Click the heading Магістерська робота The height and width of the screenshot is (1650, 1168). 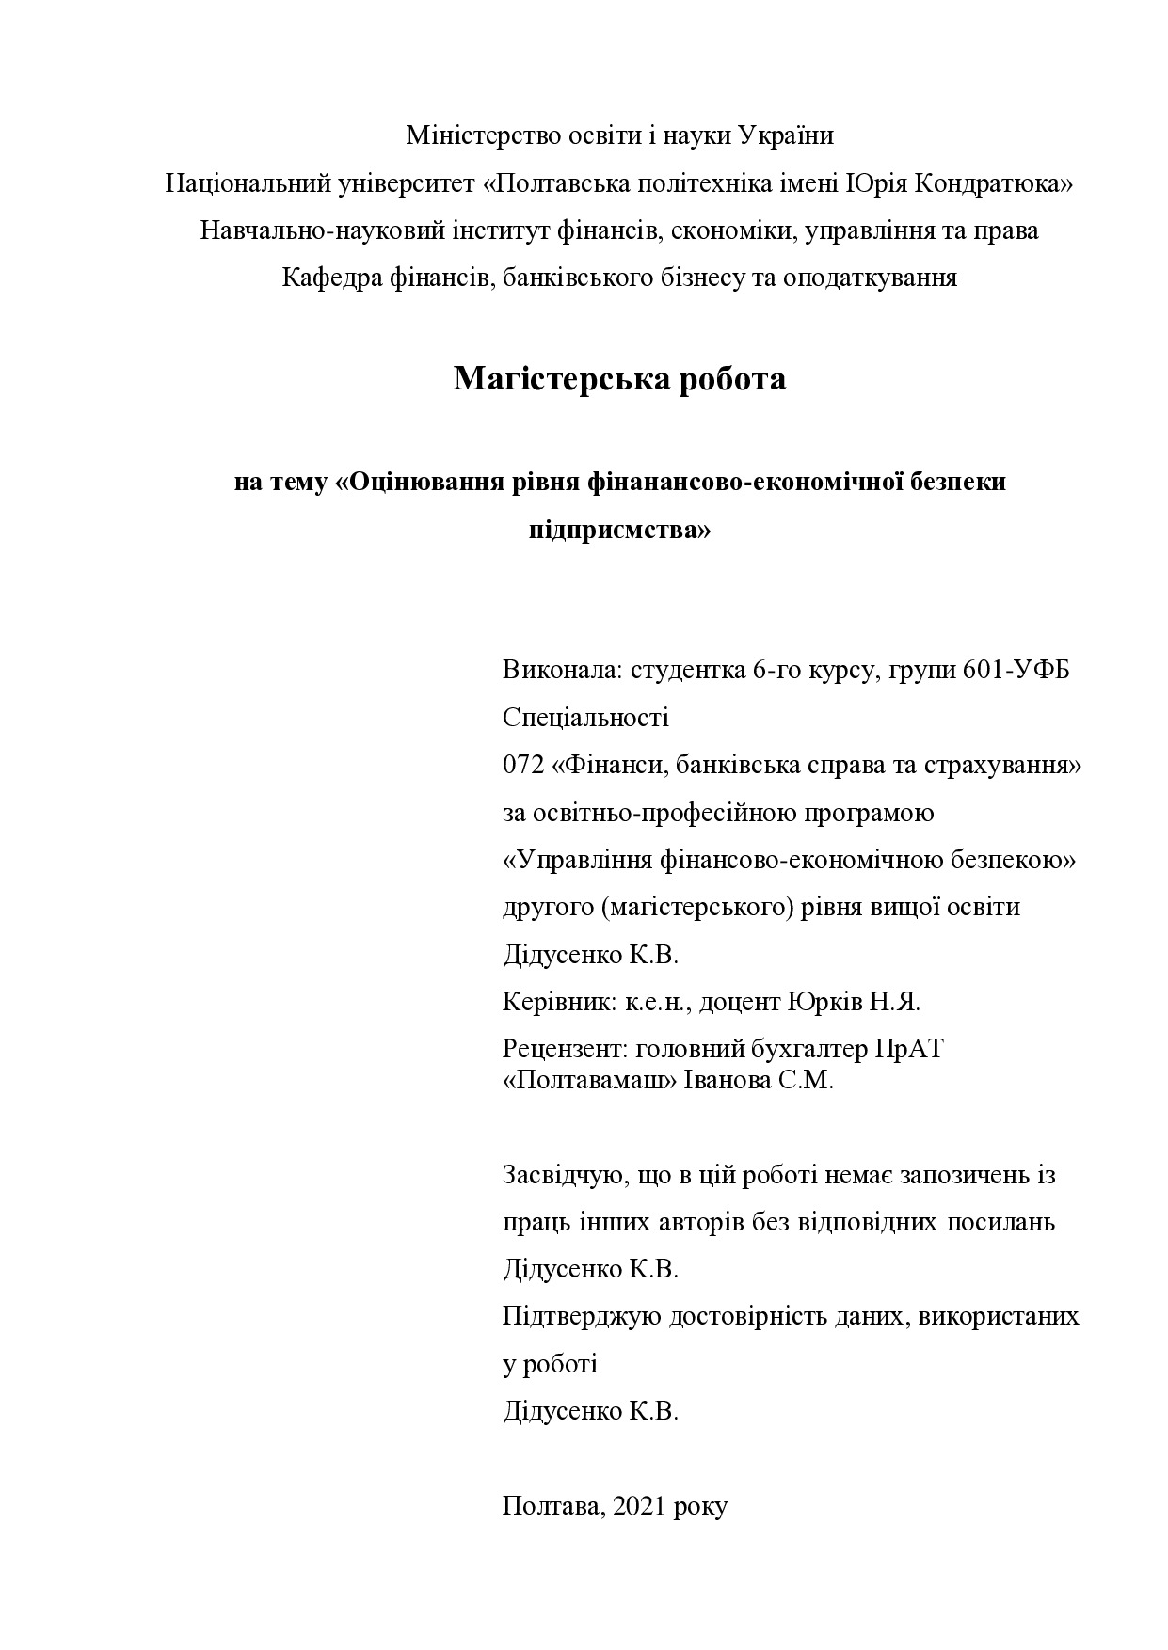619,379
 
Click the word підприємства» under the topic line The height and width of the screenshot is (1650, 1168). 619,530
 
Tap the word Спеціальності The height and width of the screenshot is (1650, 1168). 585,718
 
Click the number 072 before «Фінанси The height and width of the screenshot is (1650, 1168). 523,765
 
